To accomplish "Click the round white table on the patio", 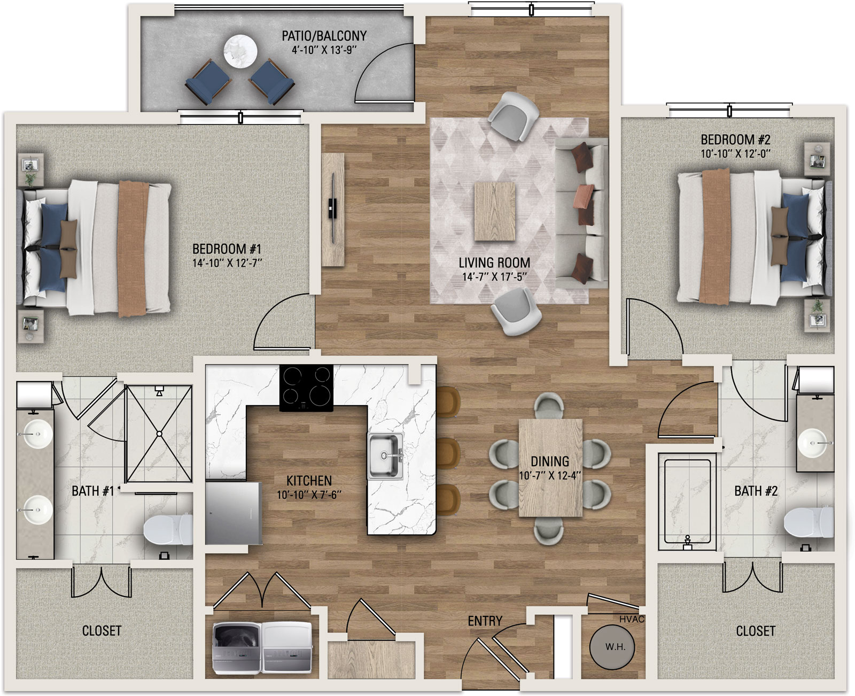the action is [x=240, y=52].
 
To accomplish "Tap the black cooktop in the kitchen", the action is [x=306, y=388].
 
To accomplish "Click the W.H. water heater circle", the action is [x=612, y=647].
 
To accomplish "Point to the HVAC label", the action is [x=632, y=619].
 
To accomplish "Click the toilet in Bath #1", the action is [x=168, y=530].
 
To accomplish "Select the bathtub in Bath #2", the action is [x=687, y=502].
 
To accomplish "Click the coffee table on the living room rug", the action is [x=494, y=211].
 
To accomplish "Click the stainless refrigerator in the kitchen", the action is [x=234, y=513].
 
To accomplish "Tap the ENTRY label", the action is [x=485, y=621].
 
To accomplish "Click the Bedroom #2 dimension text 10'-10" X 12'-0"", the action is [x=735, y=154].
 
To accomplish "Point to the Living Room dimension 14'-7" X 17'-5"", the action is [x=494, y=277].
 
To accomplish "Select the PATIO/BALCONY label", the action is [x=324, y=36].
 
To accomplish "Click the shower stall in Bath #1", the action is [x=159, y=434].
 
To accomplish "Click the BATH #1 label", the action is [x=93, y=491].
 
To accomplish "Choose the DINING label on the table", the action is [x=549, y=461].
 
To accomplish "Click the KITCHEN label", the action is [x=309, y=481].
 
